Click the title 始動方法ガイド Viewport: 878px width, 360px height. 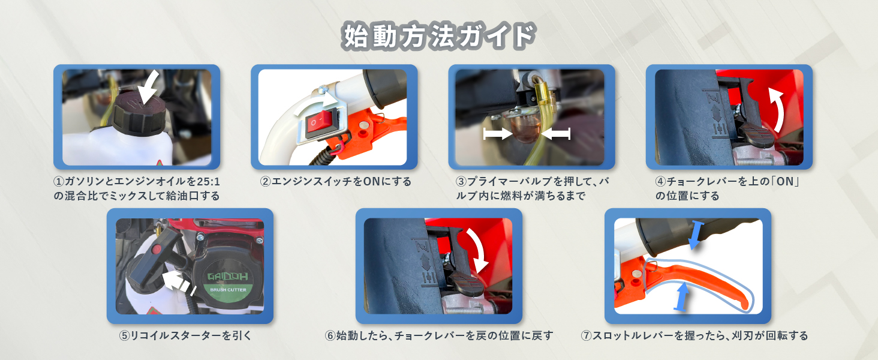438,35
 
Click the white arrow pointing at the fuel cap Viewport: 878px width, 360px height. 149,88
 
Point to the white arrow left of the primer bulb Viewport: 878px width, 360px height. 498,133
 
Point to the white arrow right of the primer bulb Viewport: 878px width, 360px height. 555,133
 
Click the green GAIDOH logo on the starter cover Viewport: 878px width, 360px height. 228,277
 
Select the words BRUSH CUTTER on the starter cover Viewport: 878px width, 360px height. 228,290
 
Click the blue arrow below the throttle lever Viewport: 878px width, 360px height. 682,296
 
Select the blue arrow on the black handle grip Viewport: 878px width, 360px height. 696,235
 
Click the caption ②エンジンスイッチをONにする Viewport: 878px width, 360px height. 335,182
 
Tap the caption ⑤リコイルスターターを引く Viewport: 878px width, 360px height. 185,335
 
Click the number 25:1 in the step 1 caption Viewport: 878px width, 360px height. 208,182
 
